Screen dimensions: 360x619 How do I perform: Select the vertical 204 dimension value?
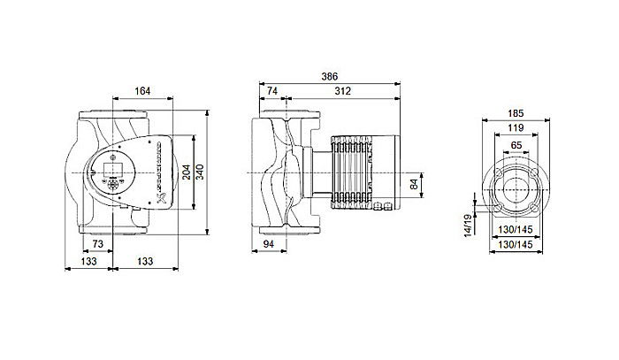pos(186,172)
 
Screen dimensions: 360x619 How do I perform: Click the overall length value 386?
pos(332,77)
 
